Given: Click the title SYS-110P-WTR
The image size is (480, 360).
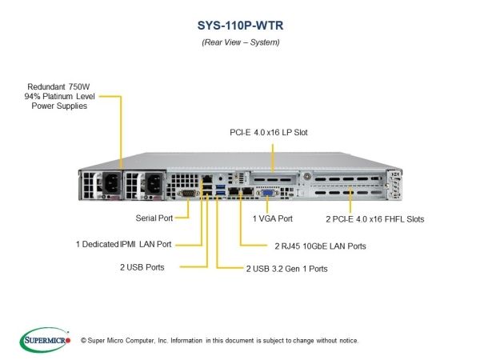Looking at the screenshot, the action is [x=240, y=26].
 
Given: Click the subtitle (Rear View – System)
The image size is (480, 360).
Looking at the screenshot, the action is [x=241, y=42].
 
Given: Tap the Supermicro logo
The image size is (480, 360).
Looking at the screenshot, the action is [x=45, y=340].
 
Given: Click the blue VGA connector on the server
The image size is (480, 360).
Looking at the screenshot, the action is [x=267, y=193].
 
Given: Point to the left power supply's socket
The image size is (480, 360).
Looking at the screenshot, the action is [x=111, y=182].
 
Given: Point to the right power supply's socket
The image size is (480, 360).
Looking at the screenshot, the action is [x=154, y=183].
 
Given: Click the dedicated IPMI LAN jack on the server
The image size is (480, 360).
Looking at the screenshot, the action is [x=207, y=178].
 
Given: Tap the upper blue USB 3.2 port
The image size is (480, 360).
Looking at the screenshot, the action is [x=221, y=186].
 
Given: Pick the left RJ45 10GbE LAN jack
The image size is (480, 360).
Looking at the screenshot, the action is [x=234, y=191].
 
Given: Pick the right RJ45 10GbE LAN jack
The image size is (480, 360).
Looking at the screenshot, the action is [x=247, y=191].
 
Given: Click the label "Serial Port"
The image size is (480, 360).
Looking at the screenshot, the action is [x=154, y=218].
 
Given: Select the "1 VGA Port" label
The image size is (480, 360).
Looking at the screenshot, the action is [x=273, y=218].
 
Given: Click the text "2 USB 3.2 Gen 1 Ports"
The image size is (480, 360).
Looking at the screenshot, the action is [x=287, y=269].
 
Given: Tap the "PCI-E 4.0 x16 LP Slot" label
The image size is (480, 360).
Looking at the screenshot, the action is [x=269, y=132].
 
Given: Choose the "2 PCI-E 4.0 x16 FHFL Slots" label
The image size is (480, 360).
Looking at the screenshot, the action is [x=375, y=219].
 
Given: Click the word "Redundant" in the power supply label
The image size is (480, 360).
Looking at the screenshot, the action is [x=46, y=86].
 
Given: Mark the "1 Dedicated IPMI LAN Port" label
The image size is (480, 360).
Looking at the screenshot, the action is [x=124, y=244].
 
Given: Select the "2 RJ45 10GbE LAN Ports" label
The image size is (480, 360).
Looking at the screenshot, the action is [x=320, y=246].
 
